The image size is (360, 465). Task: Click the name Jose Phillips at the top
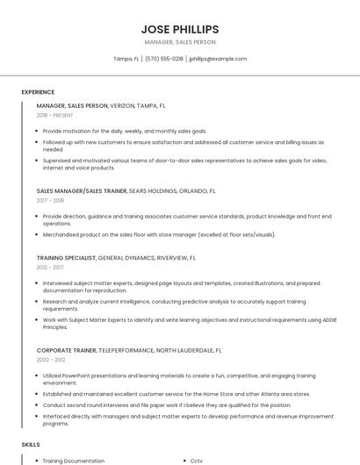point(180,29)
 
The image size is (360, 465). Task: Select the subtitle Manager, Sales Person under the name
point(180,42)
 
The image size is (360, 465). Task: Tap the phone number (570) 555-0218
point(164,59)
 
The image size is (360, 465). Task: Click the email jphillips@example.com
point(218,59)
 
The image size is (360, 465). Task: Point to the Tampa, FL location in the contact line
point(126,59)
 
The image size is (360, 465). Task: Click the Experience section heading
point(38,92)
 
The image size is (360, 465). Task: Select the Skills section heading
point(31,446)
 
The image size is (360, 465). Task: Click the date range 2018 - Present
point(55,115)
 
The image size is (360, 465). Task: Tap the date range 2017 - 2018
point(51,200)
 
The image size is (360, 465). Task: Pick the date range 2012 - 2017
point(50,267)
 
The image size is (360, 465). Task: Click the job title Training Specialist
point(67,258)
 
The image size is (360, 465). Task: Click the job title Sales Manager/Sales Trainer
point(81,190)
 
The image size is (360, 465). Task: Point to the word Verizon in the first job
point(122,105)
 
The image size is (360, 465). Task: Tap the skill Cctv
point(197,461)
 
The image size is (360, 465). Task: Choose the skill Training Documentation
point(74,461)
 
